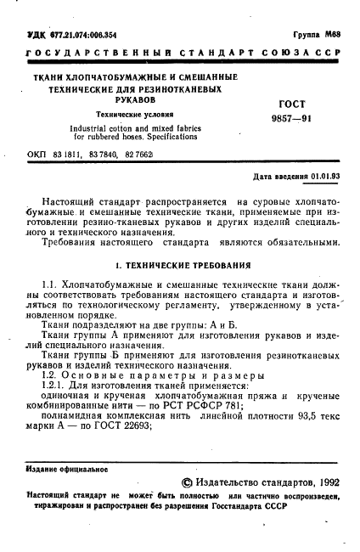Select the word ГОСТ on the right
coord(292,104)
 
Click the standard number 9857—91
coord(291,119)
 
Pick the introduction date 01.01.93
coord(325,177)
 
